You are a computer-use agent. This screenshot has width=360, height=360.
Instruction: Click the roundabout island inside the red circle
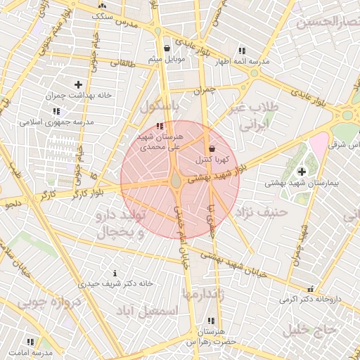point(175,181)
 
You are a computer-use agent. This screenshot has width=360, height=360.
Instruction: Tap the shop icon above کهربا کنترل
point(212,148)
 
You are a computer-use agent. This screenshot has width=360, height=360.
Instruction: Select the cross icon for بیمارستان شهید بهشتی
point(302,171)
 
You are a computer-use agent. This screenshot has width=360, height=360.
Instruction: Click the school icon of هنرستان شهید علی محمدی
point(160,126)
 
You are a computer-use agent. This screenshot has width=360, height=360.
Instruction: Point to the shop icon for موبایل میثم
point(166,48)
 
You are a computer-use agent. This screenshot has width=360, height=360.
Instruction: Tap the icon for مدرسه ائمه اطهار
point(242,51)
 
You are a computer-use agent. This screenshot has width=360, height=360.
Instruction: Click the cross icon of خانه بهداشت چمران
point(78,84)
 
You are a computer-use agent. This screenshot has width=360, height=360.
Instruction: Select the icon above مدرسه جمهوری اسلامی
point(56,111)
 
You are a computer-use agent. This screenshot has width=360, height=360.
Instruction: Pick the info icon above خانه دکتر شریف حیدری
point(115,272)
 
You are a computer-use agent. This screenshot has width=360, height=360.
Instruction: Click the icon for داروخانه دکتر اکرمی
point(310,288)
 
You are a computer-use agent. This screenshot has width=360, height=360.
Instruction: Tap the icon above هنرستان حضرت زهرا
point(208,321)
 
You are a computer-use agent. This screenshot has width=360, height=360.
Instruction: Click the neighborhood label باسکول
point(160,107)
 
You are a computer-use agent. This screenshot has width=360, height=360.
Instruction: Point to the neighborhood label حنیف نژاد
point(261,211)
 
